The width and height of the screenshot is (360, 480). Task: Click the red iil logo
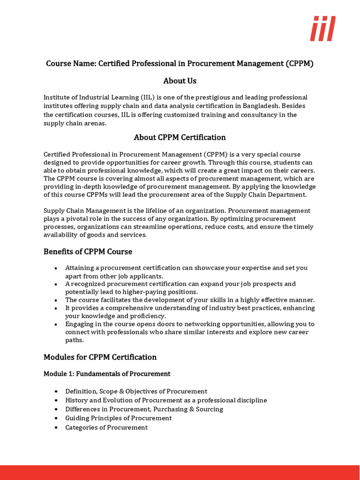pyautogui.click(x=322, y=28)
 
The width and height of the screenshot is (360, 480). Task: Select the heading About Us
pyautogui.click(x=180, y=81)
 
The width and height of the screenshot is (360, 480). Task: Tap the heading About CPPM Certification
pyautogui.click(x=180, y=137)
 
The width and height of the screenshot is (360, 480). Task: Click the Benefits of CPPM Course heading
pyautogui.click(x=88, y=252)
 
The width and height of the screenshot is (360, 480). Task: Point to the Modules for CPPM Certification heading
pyautogui.click(x=100, y=357)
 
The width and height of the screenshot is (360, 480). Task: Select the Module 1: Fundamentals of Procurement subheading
pyautogui.click(x=107, y=374)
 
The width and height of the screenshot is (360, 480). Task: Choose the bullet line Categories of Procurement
pyautogui.click(x=106, y=427)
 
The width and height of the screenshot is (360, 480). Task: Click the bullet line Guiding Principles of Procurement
pyautogui.click(x=119, y=418)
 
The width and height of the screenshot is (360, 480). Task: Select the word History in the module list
pyautogui.click(x=76, y=400)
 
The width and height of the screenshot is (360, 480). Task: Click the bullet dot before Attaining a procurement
pyautogui.click(x=56, y=268)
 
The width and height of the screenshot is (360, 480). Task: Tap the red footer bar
pyautogui.click(x=180, y=472)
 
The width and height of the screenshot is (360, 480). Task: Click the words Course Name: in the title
pyautogui.click(x=71, y=63)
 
